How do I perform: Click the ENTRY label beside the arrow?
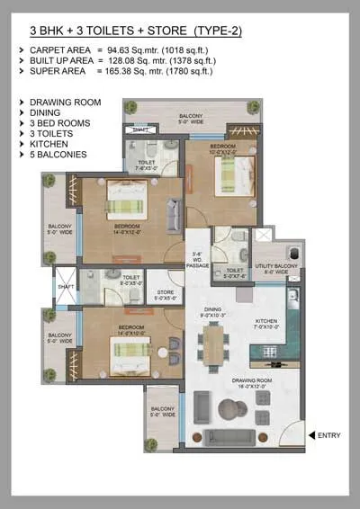[x=329, y=436]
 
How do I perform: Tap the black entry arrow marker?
[x=311, y=436]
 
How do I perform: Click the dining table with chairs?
[x=212, y=344]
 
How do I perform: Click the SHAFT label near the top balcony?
[x=139, y=129]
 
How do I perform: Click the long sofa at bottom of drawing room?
[x=236, y=438]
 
